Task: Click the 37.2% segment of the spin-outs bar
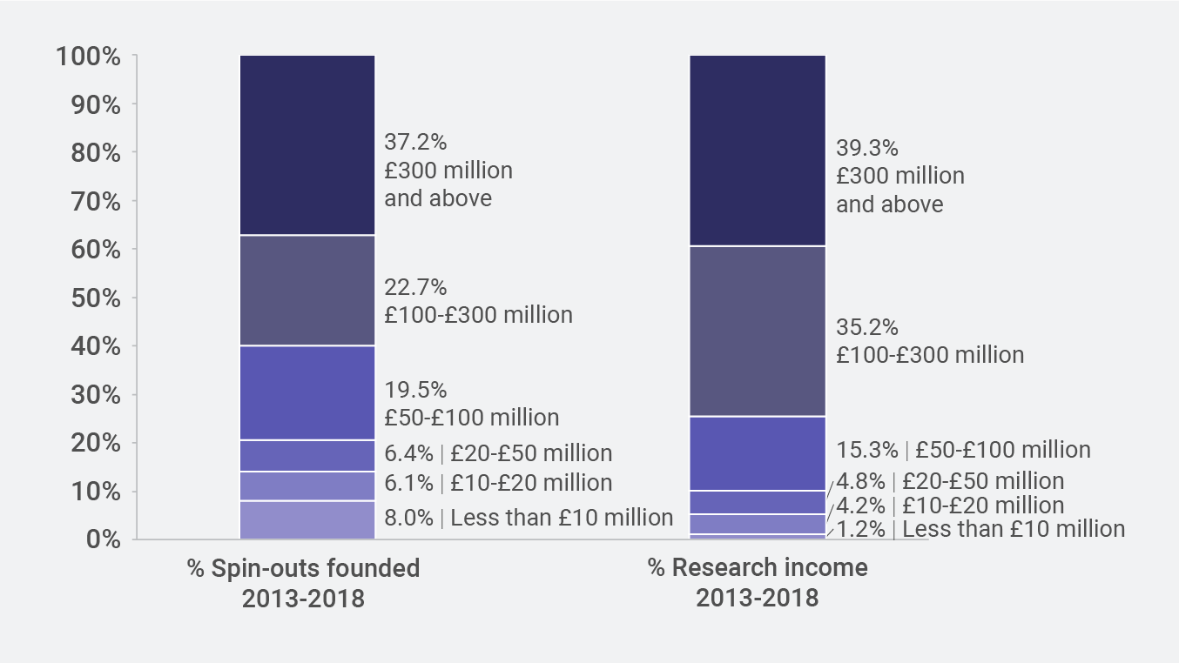[307, 145]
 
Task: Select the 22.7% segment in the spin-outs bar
[307, 291]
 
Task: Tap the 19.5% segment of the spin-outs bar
[307, 393]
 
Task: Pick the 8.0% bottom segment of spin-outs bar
[307, 520]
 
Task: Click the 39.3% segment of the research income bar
[758, 151]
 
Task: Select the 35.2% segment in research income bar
[758, 331]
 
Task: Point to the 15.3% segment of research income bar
[758, 453]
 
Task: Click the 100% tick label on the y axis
[87, 57]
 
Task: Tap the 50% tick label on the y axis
[92, 298]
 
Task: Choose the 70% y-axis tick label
[92, 202]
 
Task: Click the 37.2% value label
[415, 142]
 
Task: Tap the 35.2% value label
[867, 328]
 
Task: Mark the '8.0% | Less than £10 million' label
[529, 518]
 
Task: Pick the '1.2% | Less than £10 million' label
[980, 529]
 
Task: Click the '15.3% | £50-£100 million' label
[963, 450]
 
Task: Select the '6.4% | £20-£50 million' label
[498, 453]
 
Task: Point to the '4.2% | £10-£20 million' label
[950, 506]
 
